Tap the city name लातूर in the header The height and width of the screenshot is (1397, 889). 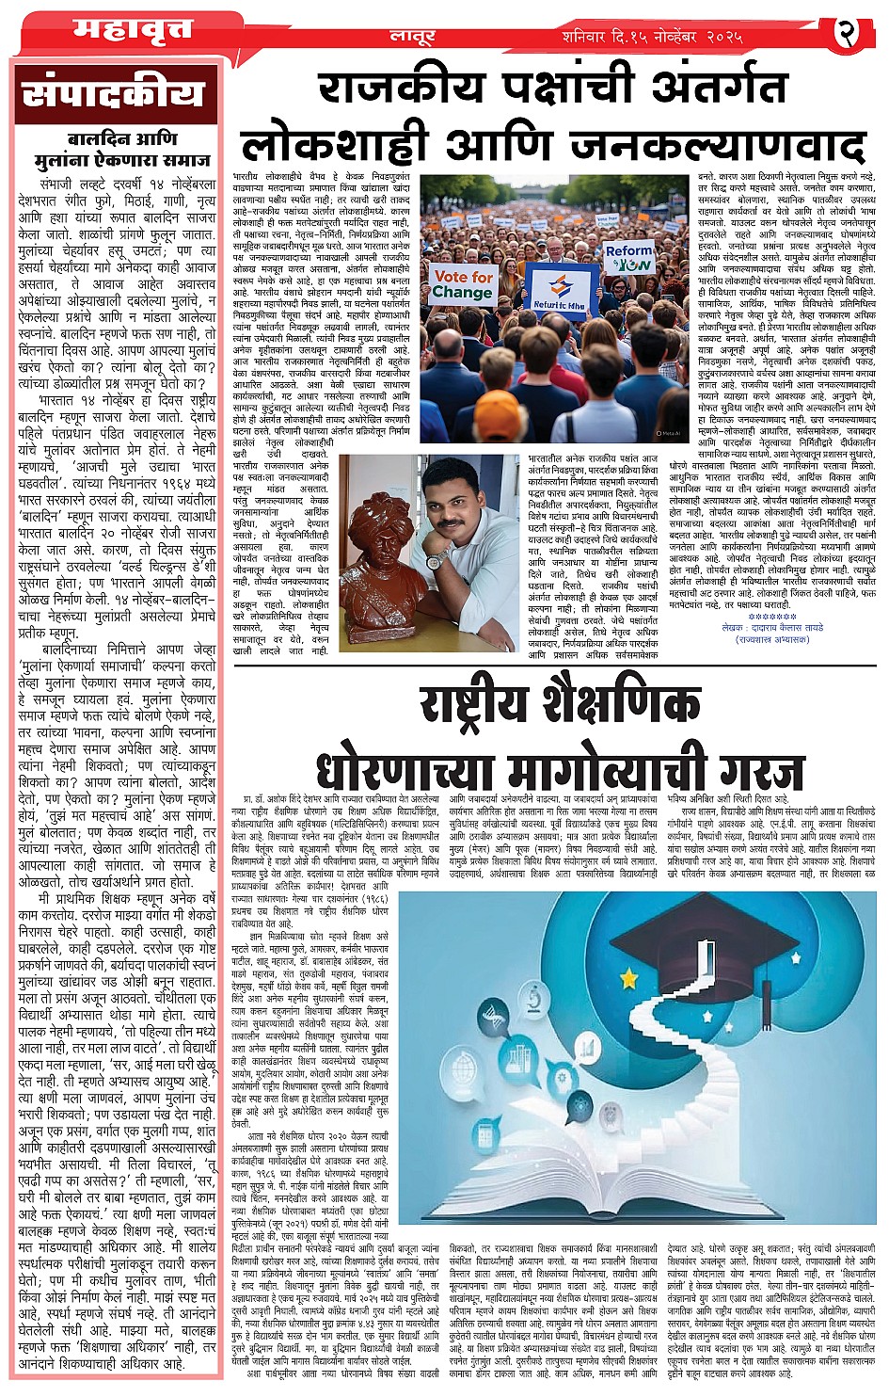[412, 37]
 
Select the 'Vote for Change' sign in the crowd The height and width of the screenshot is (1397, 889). [462, 283]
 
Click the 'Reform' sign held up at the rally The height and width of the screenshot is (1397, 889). [628, 257]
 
